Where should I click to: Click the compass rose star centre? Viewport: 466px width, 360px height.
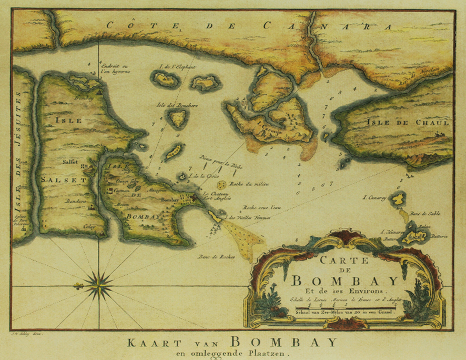click(x=98, y=285)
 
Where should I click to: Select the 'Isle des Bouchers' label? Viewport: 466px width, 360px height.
click(x=177, y=105)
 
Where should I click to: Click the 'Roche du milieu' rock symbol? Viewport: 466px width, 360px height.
click(x=222, y=185)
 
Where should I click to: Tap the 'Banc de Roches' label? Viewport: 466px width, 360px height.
click(x=216, y=257)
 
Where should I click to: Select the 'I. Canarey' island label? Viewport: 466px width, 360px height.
click(x=374, y=198)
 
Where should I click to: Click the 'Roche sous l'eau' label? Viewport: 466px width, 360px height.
click(x=262, y=207)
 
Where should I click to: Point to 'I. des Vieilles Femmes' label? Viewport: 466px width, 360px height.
click(x=247, y=217)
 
